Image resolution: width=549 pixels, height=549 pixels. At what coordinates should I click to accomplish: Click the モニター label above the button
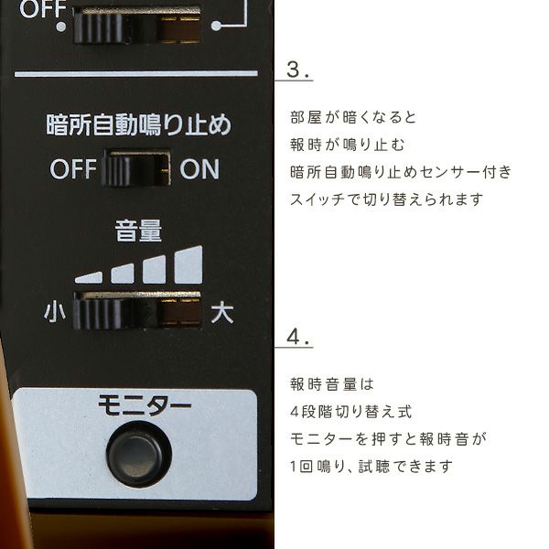[x=145, y=405]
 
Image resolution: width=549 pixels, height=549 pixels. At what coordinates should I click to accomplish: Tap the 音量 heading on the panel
[x=139, y=231]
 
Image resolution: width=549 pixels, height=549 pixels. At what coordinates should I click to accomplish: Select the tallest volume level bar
[x=188, y=264]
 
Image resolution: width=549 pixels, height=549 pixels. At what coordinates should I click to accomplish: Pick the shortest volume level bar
[x=89, y=277]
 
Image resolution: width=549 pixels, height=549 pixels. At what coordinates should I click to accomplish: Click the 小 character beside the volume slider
[x=55, y=313]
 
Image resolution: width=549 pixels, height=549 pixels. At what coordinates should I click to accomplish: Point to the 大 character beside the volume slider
[x=222, y=313]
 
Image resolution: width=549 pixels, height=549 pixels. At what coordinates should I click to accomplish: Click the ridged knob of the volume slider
[x=100, y=313]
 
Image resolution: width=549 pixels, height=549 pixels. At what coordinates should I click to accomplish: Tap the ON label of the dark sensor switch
[x=199, y=169]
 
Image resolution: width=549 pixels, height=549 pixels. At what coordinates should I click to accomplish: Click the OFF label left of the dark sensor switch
[x=73, y=169]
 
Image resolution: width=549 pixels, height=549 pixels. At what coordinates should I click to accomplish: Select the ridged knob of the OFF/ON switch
[x=118, y=171]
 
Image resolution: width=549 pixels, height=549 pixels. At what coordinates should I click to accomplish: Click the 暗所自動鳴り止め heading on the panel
[x=139, y=124]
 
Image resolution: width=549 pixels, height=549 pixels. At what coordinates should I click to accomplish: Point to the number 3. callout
[x=297, y=70]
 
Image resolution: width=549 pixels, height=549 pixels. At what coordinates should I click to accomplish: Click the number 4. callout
[x=297, y=337]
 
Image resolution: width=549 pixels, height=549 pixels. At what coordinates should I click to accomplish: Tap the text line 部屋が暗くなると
[x=353, y=117]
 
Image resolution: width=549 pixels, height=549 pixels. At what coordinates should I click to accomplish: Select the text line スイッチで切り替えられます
[x=386, y=199]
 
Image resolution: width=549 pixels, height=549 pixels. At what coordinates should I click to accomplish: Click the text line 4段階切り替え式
[x=350, y=412]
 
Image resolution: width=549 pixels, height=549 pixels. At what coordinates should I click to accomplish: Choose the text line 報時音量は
[x=332, y=384]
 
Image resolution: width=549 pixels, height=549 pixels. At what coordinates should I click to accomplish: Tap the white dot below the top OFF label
[x=61, y=27]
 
